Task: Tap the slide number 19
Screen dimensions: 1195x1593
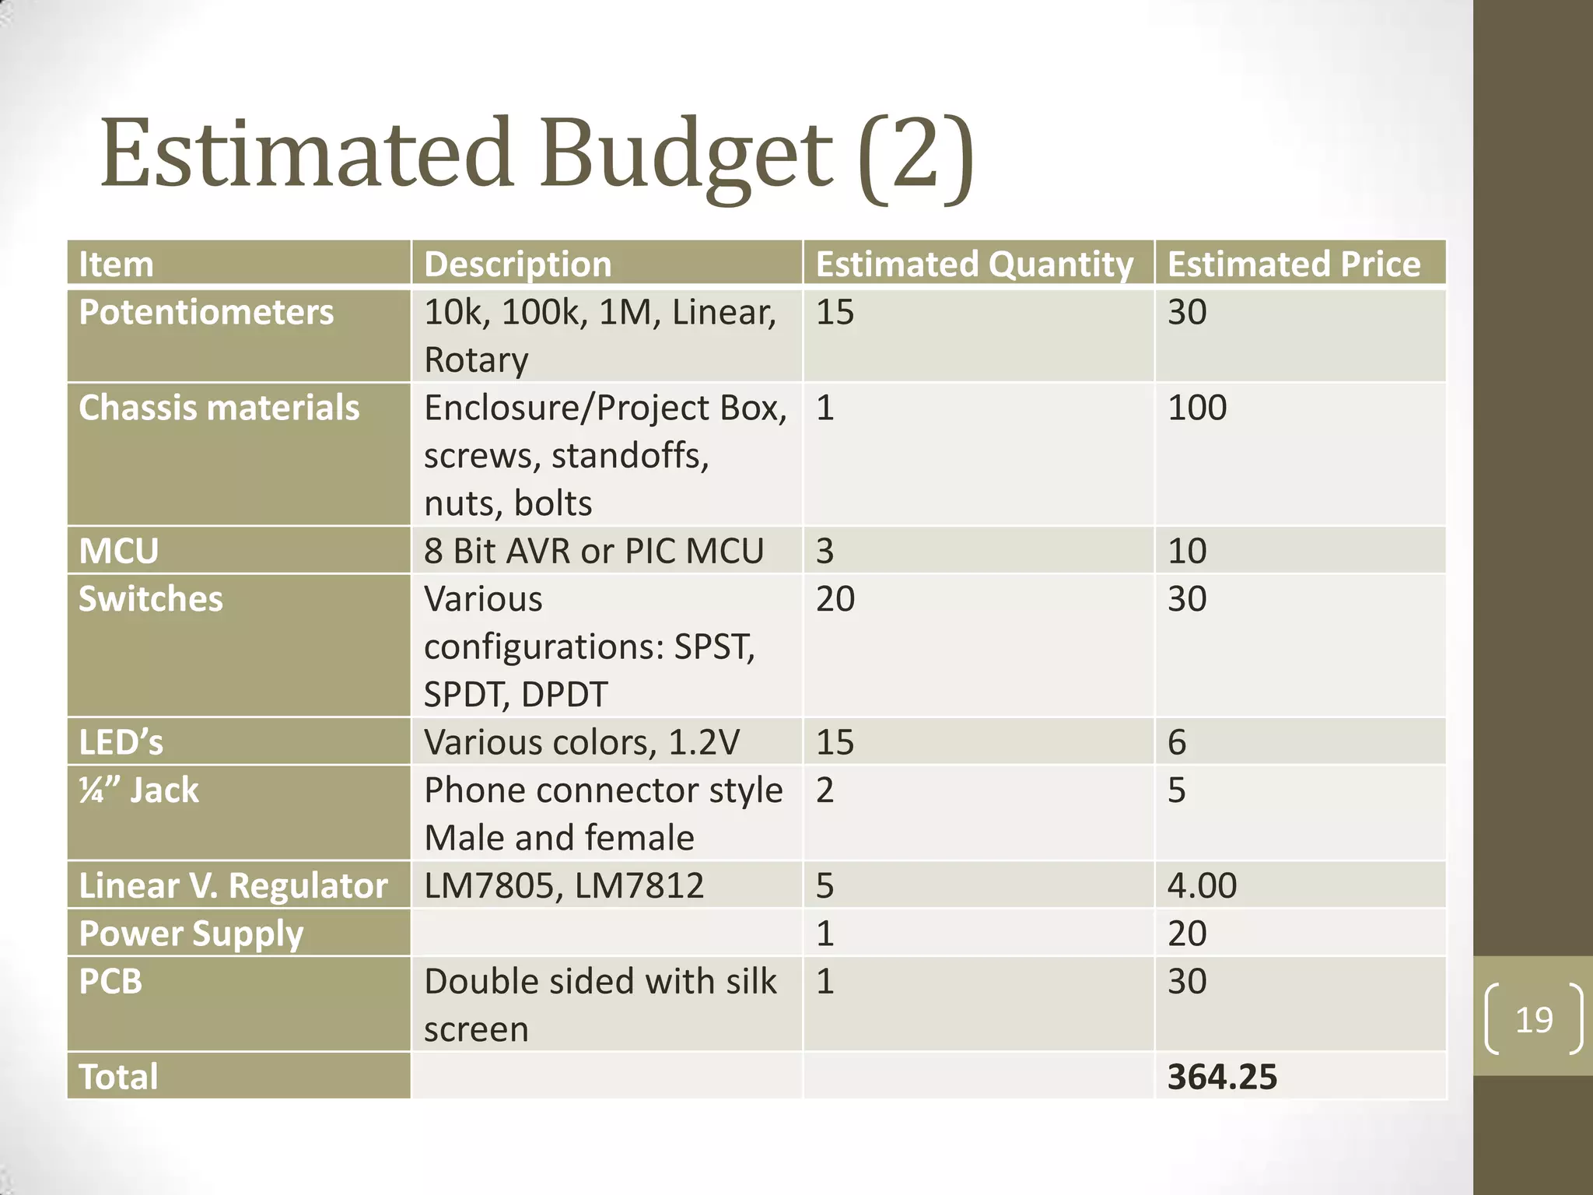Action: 1534,1019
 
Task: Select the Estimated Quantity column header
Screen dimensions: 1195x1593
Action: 974,264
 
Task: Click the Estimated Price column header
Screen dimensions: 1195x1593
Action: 1294,264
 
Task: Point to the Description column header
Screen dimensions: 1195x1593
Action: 518,264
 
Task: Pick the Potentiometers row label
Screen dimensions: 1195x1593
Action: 206,312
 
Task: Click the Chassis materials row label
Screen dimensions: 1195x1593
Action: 219,408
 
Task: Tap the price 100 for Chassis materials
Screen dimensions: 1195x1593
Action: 1197,408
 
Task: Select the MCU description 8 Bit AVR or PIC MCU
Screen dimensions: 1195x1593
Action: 593,551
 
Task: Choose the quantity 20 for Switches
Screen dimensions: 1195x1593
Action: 835,599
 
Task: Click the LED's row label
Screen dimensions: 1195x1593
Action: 121,742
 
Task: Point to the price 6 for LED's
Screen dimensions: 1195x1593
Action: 1177,742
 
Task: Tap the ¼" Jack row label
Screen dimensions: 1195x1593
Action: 139,790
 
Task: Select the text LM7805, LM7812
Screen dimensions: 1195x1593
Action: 564,885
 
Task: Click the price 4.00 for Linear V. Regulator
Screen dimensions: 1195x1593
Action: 1202,885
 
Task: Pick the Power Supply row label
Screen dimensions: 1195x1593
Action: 191,934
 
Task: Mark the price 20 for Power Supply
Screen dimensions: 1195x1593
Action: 1187,934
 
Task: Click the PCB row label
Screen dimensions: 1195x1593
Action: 110,982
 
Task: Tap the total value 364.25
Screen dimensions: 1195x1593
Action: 1222,1077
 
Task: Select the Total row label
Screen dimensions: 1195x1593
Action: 118,1077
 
